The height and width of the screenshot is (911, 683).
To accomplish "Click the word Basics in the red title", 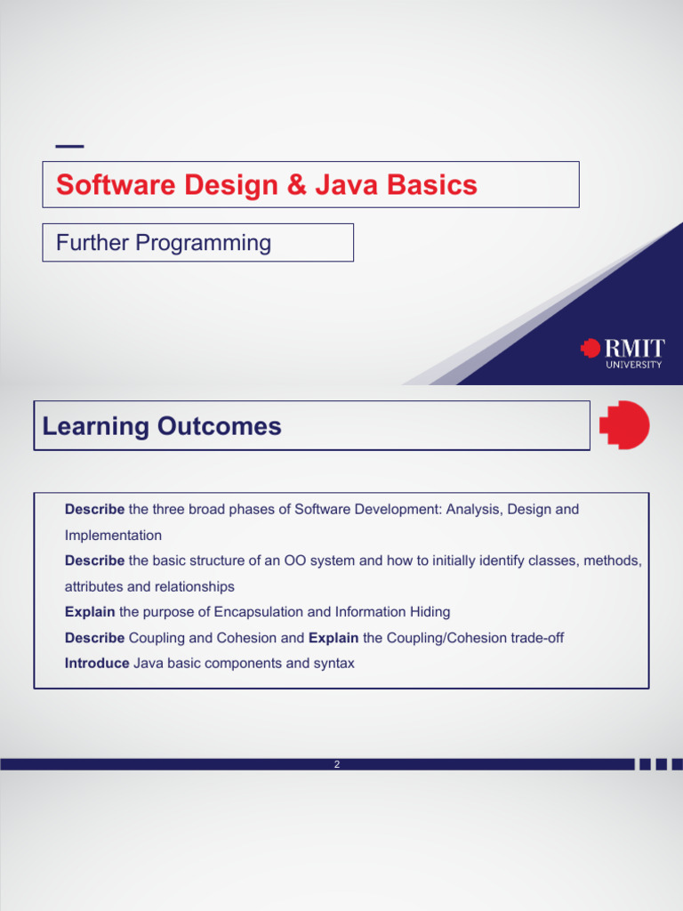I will pyautogui.click(x=435, y=185).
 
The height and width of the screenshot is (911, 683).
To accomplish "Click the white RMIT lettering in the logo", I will pyautogui.click(x=634, y=348).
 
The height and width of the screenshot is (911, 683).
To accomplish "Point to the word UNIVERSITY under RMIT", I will pyautogui.click(x=634, y=364).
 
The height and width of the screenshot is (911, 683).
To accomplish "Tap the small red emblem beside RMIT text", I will pyautogui.click(x=590, y=348).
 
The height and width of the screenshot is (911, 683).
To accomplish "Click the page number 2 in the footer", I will pyautogui.click(x=337, y=764).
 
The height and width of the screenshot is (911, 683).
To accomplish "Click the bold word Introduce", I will pyautogui.click(x=97, y=664).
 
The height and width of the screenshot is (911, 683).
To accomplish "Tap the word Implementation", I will pyautogui.click(x=113, y=536).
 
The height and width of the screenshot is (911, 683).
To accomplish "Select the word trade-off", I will pyautogui.click(x=537, y=638).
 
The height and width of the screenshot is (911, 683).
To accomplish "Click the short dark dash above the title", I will pyautogui.click(x=69, y=146).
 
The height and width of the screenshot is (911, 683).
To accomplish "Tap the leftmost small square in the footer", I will pyautogui.click(x=643, y=764).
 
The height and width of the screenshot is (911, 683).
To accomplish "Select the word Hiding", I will pyautogui.click(x=430, y=612).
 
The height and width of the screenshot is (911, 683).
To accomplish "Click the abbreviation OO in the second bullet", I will pyautogui.click(x=294, y=561).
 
